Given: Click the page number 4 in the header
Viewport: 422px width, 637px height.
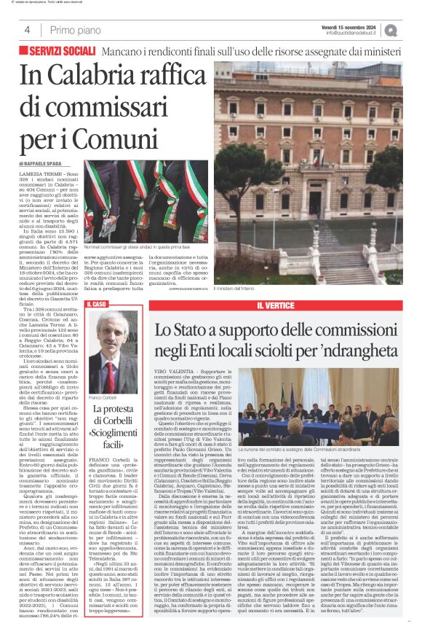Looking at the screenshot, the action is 27,30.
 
